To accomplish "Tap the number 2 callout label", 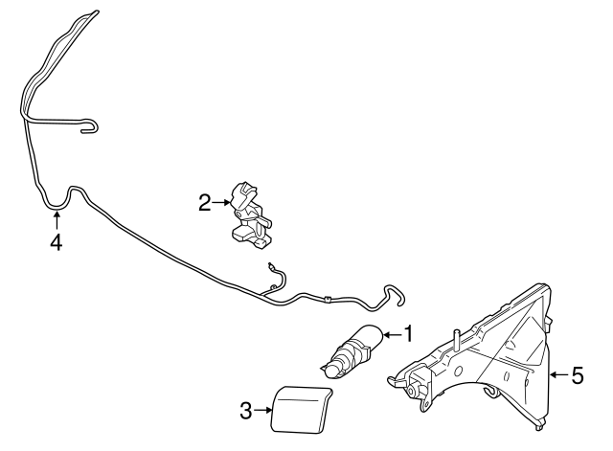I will [204, 202].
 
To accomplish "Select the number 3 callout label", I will [245, 412].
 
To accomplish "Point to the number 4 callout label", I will [56, 242].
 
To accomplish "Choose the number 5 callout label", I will [577, 375].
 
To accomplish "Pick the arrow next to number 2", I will [220, 202].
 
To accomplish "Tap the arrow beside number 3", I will [262, 412].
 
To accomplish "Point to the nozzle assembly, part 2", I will [247, 213].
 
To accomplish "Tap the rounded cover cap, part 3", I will [301, 408].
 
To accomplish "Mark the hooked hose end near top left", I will [90, 124].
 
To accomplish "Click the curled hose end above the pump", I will [393, 295].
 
